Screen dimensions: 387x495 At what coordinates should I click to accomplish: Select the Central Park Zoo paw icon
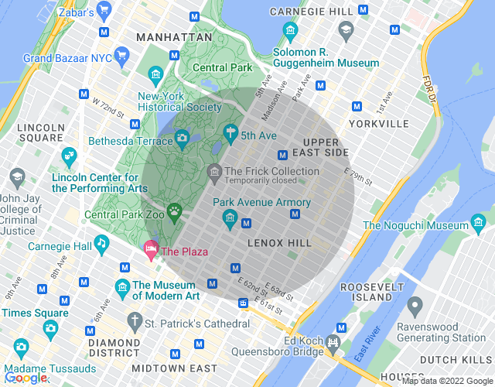pyautogui.click(x=176, y=210)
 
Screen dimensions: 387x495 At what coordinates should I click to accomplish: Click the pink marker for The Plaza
pyautogui.click(x=150, y=249)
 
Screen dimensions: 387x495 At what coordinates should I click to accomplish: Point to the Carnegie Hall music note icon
pyautogui.click(x=101, y=244)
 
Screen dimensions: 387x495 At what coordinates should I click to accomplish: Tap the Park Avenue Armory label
pyautogui.click(x=266, y=203)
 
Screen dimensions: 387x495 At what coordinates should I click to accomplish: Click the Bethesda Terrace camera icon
pyautogui.click(x=182, y=138)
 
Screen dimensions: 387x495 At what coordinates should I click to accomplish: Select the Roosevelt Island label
pyautogui.click(x=366, y=290)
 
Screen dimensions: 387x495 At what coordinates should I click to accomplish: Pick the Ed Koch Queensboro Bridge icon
pyautogui.click(x=333, y=341)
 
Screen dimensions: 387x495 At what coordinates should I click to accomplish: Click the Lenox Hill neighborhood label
pyautogui.click(x=279, y=243)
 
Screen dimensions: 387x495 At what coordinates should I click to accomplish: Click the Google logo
pyautogui.click(x=25, y=377)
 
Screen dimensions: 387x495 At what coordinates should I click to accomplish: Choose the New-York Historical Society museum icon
pyautogui.click(x=155, y=75)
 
